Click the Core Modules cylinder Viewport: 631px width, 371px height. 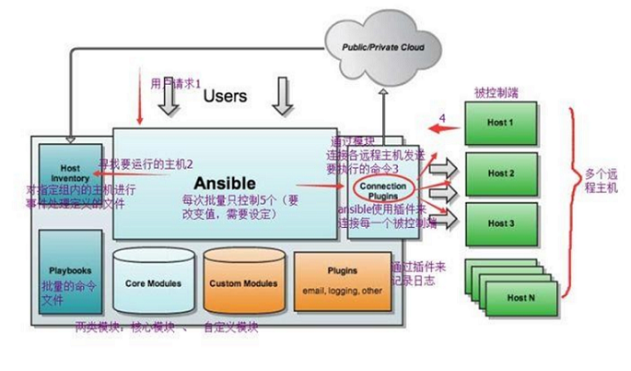tap(153, 282)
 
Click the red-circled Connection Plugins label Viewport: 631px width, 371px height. tap(381, 188)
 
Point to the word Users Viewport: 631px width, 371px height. tap(226, 95)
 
